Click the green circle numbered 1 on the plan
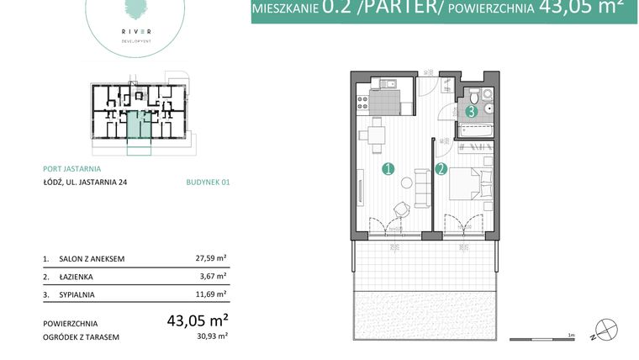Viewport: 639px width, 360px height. pyautogui.click(x=388, y=169)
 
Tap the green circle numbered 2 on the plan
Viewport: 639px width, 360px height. pyautogui.click(x=442, y=169)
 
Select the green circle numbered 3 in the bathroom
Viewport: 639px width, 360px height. pyautogui.click(x=472, y=110)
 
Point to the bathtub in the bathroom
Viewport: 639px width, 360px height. pyautogui.click(x=476, y=130)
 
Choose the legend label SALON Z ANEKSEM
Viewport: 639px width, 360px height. pyautogui.click(x=92, y=259)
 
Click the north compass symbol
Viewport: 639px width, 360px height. pyautogui.click(x=605, y=330)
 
